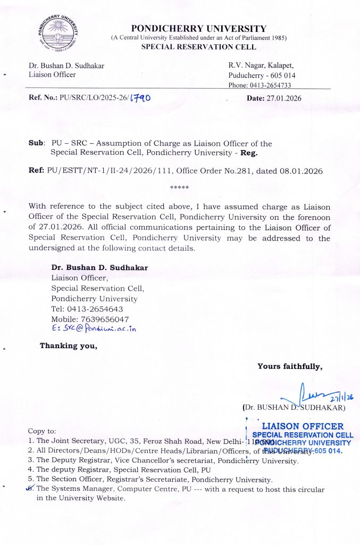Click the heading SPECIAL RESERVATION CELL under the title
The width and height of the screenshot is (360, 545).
[x=198, y=47]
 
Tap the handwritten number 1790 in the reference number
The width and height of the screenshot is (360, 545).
[x=140, y=98]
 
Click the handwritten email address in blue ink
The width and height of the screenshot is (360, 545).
[x=94, y=329]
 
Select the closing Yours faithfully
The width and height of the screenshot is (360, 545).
[x=289, y=366]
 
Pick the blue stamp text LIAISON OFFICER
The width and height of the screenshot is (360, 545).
[x=303, y=426]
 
